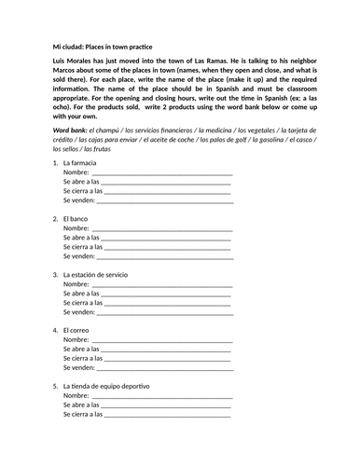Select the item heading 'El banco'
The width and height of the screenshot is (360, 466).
click(x=76, y=219)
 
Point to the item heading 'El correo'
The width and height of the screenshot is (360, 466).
click(x=77, y=330)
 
